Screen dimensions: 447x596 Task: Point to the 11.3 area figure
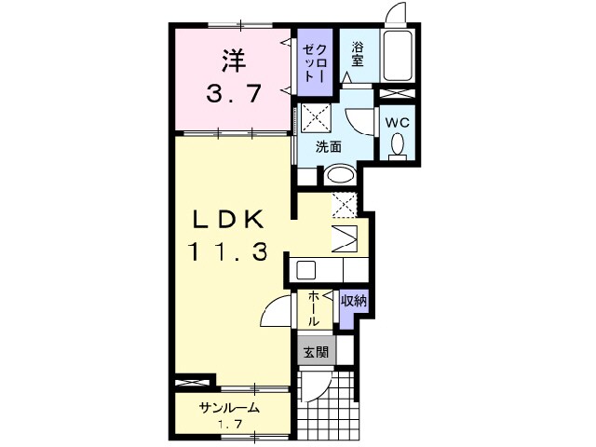231,251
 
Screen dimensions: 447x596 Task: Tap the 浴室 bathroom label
358,55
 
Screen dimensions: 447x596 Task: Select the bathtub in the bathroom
401,57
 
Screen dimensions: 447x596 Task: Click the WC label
396,121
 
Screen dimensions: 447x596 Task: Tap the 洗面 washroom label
327,146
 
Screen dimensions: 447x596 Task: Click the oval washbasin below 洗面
339,174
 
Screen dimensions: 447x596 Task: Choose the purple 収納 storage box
353,300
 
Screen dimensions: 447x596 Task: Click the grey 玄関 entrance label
315,352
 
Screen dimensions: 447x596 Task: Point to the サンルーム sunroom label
227,409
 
